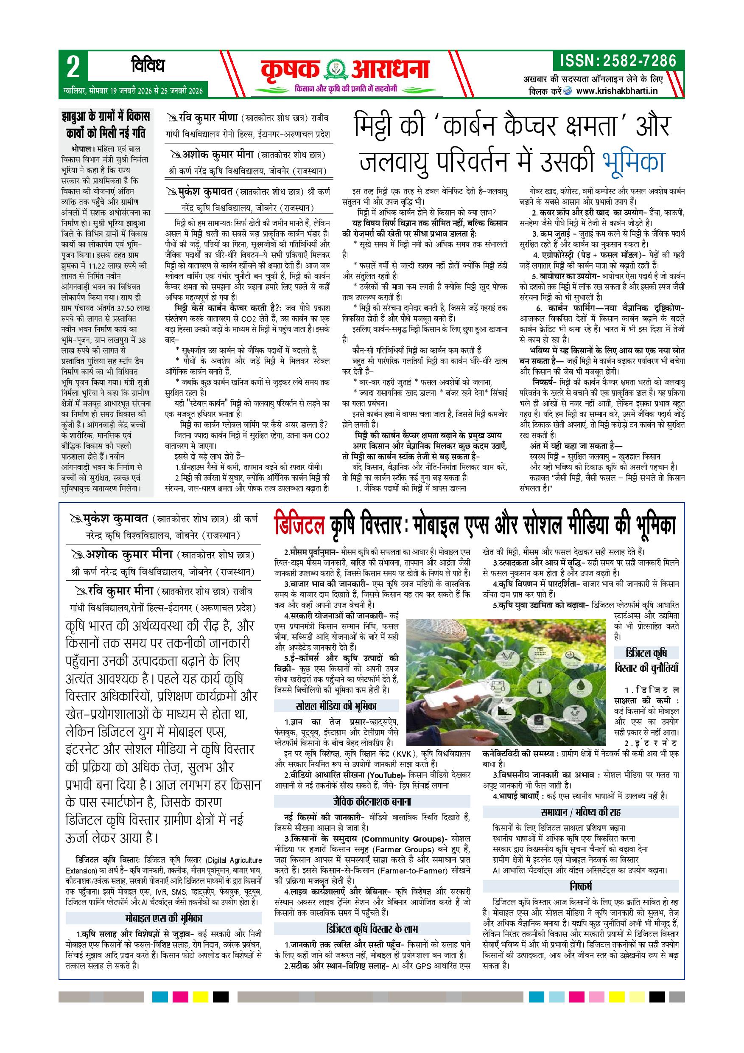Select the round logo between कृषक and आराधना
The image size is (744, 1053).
pyautogui.click(x=337, y=70)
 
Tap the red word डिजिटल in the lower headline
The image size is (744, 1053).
pyautogui.click(x=300, y=526)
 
